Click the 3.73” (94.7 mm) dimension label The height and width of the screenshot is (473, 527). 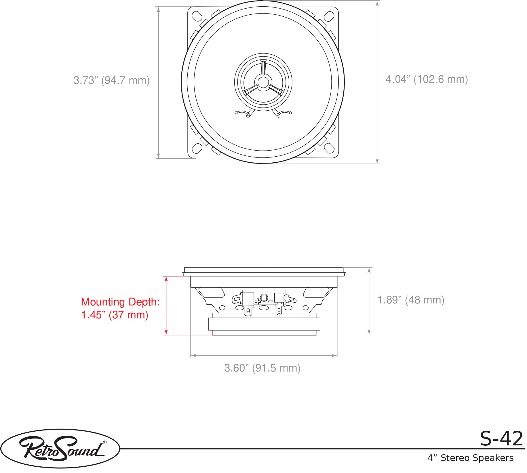pyautogui.click(x=111, y=80)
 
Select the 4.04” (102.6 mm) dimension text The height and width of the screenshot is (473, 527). pyautogui.click(x=427, y=79)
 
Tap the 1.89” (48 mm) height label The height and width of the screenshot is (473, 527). pyautogui.click(x=411, y=300)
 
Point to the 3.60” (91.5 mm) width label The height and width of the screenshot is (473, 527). pyautogui.click(x=262, y=368)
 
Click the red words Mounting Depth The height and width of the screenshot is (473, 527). pyautogui.click(x=120, y=302)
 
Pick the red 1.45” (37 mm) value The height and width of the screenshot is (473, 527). pyautogui.click(x=115, y=315)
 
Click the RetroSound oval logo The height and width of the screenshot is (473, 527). pyautogui.click(x=60, y=449)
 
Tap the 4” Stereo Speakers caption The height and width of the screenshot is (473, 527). pyautogui.click(x=470, y=458)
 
